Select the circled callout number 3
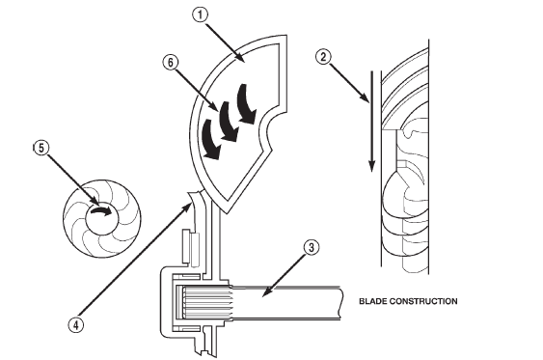310,247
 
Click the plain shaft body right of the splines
289,300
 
